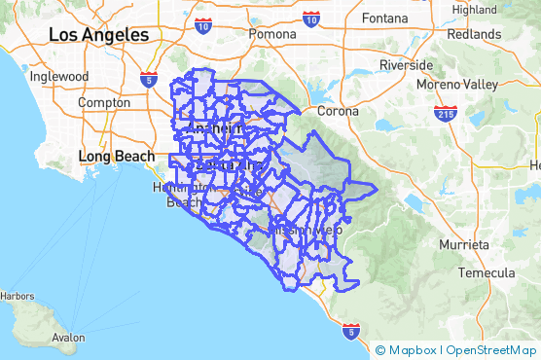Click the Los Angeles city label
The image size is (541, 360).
click(x=98, y=35)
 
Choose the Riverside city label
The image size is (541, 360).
click(x=406, y=65)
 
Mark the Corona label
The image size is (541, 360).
click(x=337, y=111)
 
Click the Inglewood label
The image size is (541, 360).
click(x=59, y=76)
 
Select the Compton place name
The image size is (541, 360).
click(x=104, y=102)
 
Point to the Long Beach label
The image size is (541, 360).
click(x=116, y=156)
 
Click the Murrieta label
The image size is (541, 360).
click(x=463, y=244)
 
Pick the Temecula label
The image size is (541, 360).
click(x=486, y=273)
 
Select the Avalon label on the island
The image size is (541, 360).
click(x=68, y=338)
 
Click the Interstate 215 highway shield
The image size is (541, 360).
click(x=446, y=113)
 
